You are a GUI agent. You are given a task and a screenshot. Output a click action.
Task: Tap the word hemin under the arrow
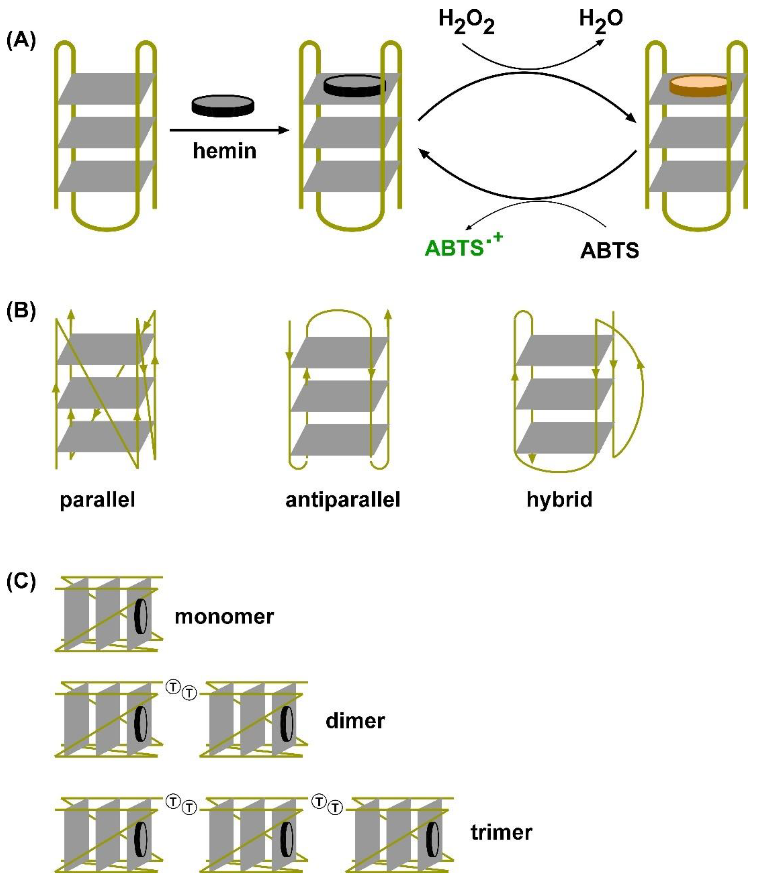click(x=225, y=151)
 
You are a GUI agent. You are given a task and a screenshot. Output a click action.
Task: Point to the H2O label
click(x=600, y=21)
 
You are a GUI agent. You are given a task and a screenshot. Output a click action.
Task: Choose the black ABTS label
click(x=609, y=250)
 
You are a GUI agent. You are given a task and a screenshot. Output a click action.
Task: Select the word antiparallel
click(x=342, y=499)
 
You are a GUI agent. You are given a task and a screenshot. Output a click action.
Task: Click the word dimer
click(x=355, y=721)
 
